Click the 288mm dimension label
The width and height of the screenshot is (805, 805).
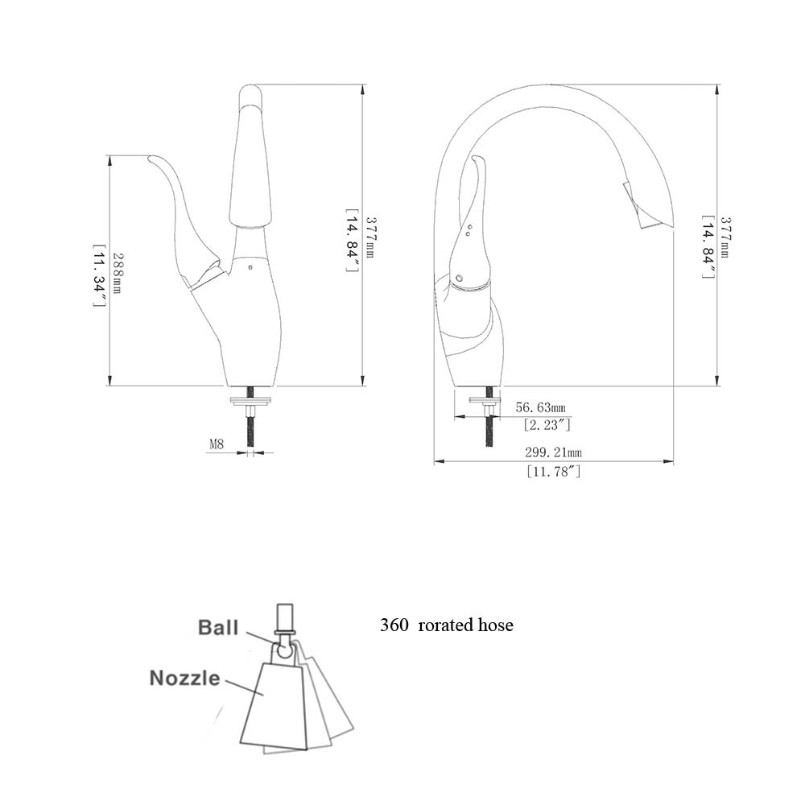[x=117, y=272]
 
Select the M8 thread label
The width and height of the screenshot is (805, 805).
[x=216, y=444]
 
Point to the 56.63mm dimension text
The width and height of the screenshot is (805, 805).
[x=541, y=407]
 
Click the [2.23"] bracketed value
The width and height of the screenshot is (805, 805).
[x=547, y=424]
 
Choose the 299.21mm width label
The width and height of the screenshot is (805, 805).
[x=553, y=452]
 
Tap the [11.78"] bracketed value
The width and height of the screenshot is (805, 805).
[x=554, y=471]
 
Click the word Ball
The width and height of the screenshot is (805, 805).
[x=218, y=627]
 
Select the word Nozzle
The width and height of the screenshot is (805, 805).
[x=185, y=678]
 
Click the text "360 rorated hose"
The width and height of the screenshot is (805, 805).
[x=447, y=625]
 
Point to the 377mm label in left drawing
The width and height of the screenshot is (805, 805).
[x=369, y=237]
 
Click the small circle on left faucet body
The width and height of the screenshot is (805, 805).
[x=250, y=267]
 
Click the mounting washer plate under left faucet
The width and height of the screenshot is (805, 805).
[x=251, y=399]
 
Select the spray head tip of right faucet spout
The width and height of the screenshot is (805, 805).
[x=646, y=204]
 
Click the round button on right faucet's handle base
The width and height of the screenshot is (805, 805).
[x=459, y=279]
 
